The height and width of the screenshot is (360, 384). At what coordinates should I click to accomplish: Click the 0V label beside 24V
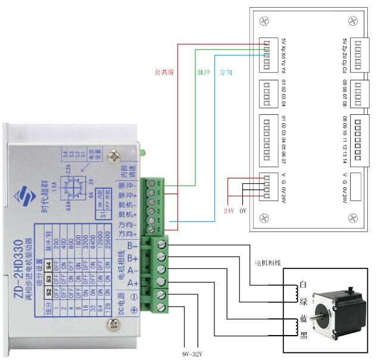[243, 211]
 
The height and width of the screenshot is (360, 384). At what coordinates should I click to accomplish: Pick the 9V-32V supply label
[191, 355]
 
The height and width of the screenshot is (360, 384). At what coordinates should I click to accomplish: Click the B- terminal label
[133, 244]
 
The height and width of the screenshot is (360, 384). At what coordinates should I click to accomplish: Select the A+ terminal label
[133, 283]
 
